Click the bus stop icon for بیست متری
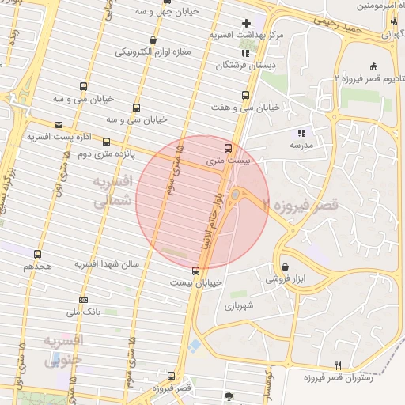point(229,148)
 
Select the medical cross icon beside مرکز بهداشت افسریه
point(246,23)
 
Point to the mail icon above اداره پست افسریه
point(59,124)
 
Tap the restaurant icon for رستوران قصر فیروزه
point(339,365)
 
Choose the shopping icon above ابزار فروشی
point(285,267)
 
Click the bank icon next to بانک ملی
point(84,301)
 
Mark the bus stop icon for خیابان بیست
point(195,271)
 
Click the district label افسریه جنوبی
point(64,351)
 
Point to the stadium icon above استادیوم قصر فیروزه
point(373,66)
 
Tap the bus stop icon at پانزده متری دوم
point(106,142)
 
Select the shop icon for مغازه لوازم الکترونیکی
point(153,40)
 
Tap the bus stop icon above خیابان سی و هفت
point(245,95)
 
